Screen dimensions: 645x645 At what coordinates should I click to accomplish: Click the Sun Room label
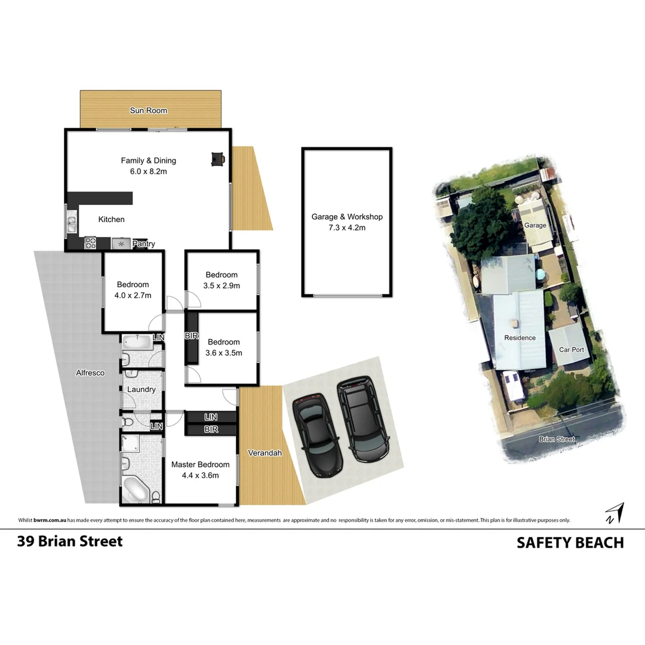[149, 110]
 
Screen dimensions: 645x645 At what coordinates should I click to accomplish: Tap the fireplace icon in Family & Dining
[217, 158]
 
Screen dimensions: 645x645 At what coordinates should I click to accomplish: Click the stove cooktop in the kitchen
[90, 243]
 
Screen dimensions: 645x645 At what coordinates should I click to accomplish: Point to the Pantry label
[143, 244]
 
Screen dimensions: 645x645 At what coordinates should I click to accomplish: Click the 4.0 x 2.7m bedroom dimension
[133, 295]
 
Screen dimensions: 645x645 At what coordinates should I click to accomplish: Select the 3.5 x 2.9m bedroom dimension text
[222, 285]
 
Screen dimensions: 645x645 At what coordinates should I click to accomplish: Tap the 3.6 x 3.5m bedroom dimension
[223, 352]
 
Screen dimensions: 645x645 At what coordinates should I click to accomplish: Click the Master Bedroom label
[200, 465]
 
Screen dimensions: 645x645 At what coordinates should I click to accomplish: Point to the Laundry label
[142, 389]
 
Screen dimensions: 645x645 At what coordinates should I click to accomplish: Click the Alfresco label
[90, 373]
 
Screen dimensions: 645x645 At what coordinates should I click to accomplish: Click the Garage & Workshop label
[347, 217]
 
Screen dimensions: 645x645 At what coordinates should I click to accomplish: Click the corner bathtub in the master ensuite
[136, 492]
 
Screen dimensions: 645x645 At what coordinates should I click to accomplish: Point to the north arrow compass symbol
[614, 513]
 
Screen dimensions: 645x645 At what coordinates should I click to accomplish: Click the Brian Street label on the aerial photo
[557, 439]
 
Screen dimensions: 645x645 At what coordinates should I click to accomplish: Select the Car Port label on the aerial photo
[570, 349]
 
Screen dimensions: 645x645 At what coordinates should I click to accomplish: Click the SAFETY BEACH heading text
[570, 542]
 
